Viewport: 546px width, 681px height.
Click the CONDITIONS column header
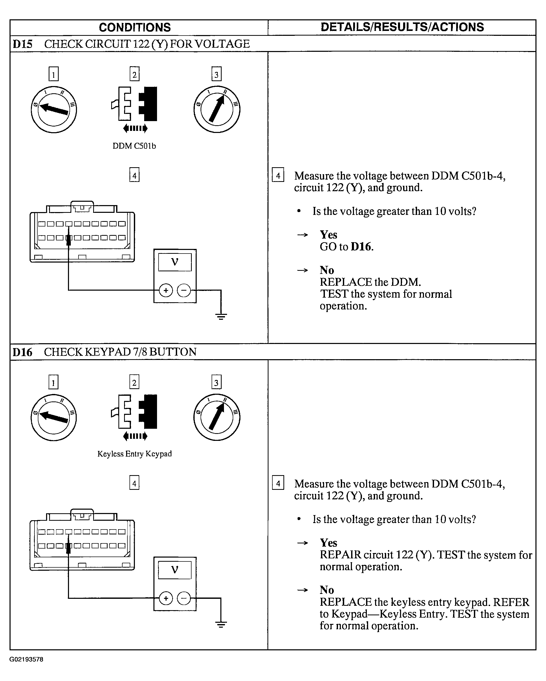(135, 28)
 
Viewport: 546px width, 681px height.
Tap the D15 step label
(22, 44)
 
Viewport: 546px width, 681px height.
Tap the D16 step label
(22, 352)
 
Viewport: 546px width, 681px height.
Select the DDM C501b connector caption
(134, 146)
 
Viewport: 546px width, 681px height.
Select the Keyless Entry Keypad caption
(134, 454)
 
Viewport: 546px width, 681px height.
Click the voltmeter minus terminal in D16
(184, 598)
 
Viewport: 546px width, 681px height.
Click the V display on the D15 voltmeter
(175, 262)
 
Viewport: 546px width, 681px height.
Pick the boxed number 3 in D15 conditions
(216, 74)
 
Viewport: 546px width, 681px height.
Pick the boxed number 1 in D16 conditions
(53, 383)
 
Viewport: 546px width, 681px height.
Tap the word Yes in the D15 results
(328, 235)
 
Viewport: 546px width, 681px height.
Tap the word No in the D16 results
(327, 590)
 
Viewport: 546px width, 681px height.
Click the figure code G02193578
(26, 659)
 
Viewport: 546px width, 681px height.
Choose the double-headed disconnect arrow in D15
(135, 128)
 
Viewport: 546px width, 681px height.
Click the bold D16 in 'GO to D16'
(361, 247)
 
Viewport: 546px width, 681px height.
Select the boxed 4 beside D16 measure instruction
(278, 484)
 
